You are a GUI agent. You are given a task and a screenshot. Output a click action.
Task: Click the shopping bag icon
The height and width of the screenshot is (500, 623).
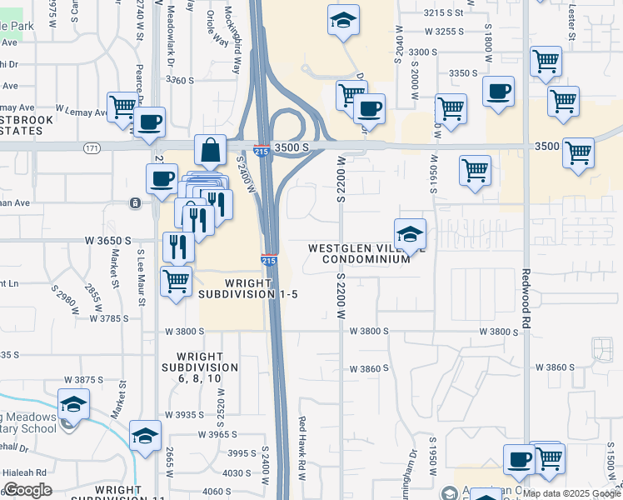pos(211,150)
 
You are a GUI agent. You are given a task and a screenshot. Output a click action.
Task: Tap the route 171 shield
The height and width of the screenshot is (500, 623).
pos(92,147)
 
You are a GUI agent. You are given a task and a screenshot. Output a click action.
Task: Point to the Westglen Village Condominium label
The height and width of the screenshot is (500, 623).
pos(360,253)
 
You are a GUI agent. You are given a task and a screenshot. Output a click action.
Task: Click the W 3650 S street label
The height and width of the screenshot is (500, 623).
pos(107,240)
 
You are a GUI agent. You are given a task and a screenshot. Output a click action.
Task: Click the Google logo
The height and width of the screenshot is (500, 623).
pos(28,491)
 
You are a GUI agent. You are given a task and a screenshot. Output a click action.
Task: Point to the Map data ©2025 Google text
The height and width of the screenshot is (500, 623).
pos(571,493)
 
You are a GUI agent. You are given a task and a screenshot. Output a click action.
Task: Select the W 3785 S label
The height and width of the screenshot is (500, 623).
pos(105,317)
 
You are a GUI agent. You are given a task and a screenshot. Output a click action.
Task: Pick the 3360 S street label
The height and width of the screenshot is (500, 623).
pos(179,80)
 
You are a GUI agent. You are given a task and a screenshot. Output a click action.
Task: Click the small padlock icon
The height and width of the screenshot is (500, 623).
pos(134,202)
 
